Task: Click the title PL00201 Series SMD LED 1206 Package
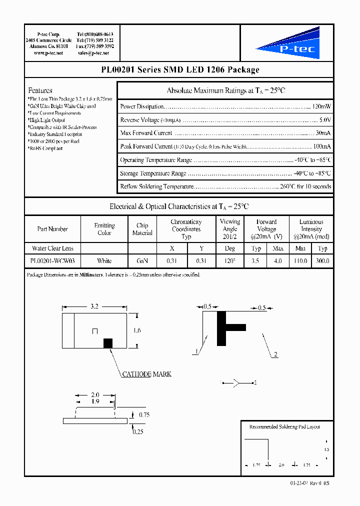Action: [179, 70]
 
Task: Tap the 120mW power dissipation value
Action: [321, 106]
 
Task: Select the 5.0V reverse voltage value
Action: [325, 120]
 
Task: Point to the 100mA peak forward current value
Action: [321, 146]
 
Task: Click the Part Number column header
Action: [52, 229]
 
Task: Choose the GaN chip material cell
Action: [142, 261]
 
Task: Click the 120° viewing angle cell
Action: [230, 261]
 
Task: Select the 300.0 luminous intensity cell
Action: [322, 261]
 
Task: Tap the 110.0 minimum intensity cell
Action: [300, 261]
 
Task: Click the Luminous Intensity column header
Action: [311, 229]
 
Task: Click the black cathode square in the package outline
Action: [107, 343]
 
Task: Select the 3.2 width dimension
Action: [94, 307]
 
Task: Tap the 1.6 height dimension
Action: [138, 330]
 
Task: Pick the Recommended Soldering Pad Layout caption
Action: [284, 426]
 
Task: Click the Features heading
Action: [40, 90]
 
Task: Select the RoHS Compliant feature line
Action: [45, 148]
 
